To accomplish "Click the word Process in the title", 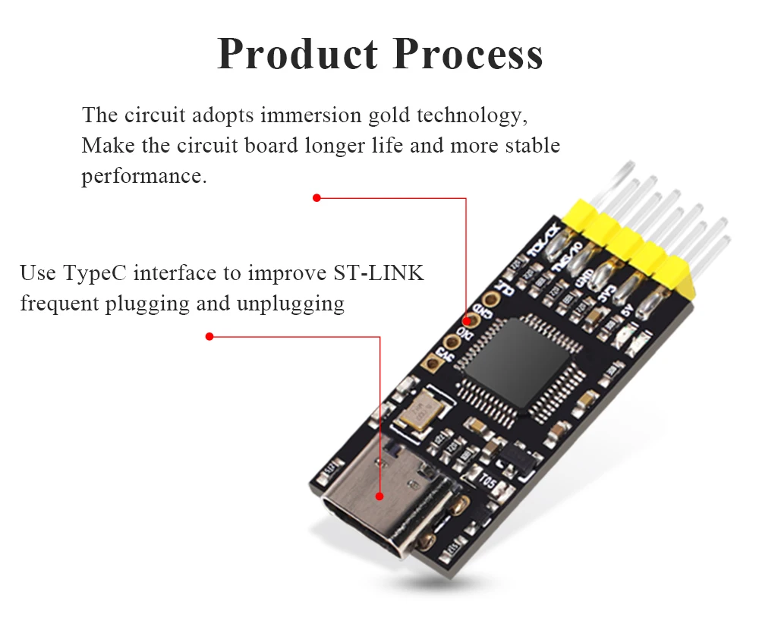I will [469, 55].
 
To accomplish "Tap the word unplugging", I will [291, 304].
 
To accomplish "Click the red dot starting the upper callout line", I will [317, 198].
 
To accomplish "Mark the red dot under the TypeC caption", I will [210, 336].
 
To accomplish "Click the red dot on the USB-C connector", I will [379, 496].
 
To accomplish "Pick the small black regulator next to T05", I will [515, 455].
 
